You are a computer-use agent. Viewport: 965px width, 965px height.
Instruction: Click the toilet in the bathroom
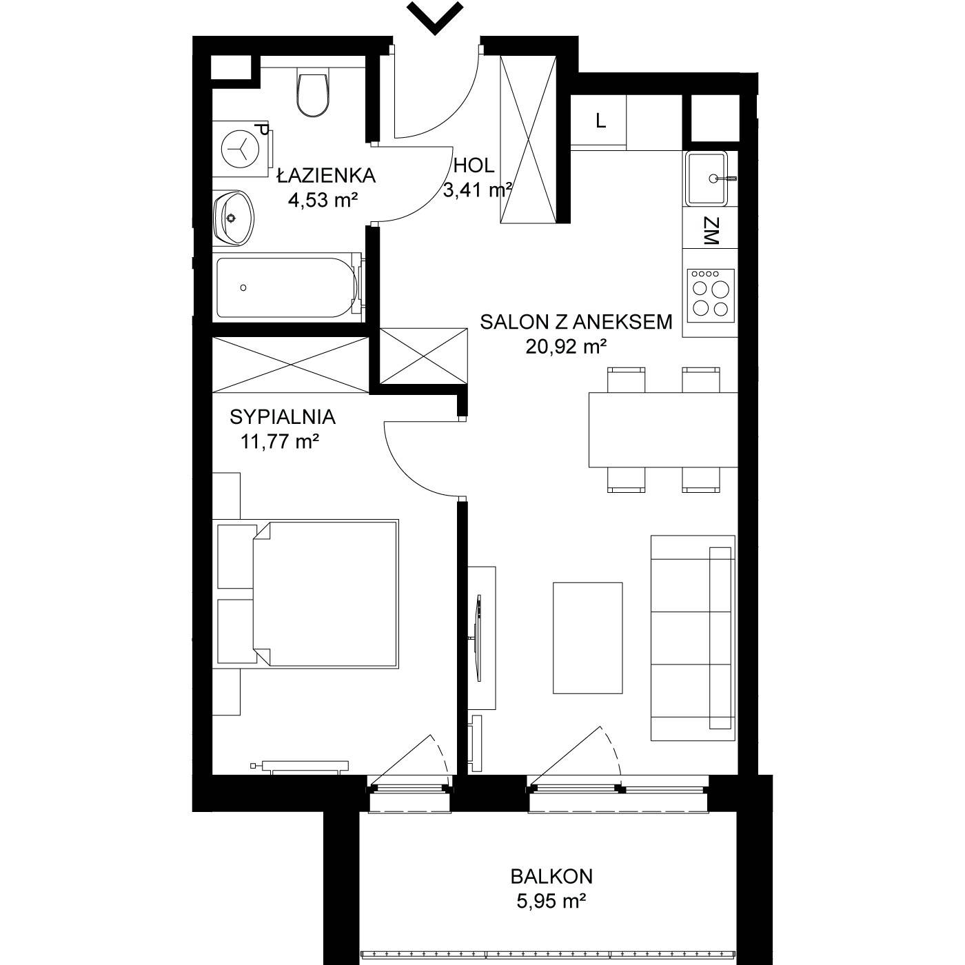pyautogui.click(x=313, y=92)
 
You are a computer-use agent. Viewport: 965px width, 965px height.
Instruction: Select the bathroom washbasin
pyautogui.click(x=234, y=218)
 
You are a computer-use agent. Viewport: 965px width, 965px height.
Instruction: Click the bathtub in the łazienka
pyautogui.click(x=288, y=287)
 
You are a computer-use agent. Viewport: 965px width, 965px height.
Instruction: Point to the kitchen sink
pyautogui.click(x=707, y=179)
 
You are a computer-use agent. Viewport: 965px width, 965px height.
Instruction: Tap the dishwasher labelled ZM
pyautogui.click(x=710, y=232)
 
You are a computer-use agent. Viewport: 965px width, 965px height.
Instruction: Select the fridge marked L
pyautogui.click(x=599, y=121)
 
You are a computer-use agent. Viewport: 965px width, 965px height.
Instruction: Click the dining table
pyautogui.click(x=663, y=429)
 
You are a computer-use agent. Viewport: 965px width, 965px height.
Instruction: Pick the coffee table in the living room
pyautogui.click(x=587, y=638)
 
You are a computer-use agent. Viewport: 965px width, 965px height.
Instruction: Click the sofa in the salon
pyautogui.click(x=693, y=638)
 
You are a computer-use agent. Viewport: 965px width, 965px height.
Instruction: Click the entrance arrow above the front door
pyautogui.click(x=434, y=17)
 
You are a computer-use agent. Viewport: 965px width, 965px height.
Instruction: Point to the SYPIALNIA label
pyautogui.click(x=283, y=416)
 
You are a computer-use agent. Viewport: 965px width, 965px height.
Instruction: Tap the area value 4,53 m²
pyautogui.click(x=323, y=201)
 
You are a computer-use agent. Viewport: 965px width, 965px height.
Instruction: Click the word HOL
pyautogui.click(x=474, y=165)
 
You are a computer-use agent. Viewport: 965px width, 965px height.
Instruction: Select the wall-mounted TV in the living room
pyautogui.click(x=478, y=638)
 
